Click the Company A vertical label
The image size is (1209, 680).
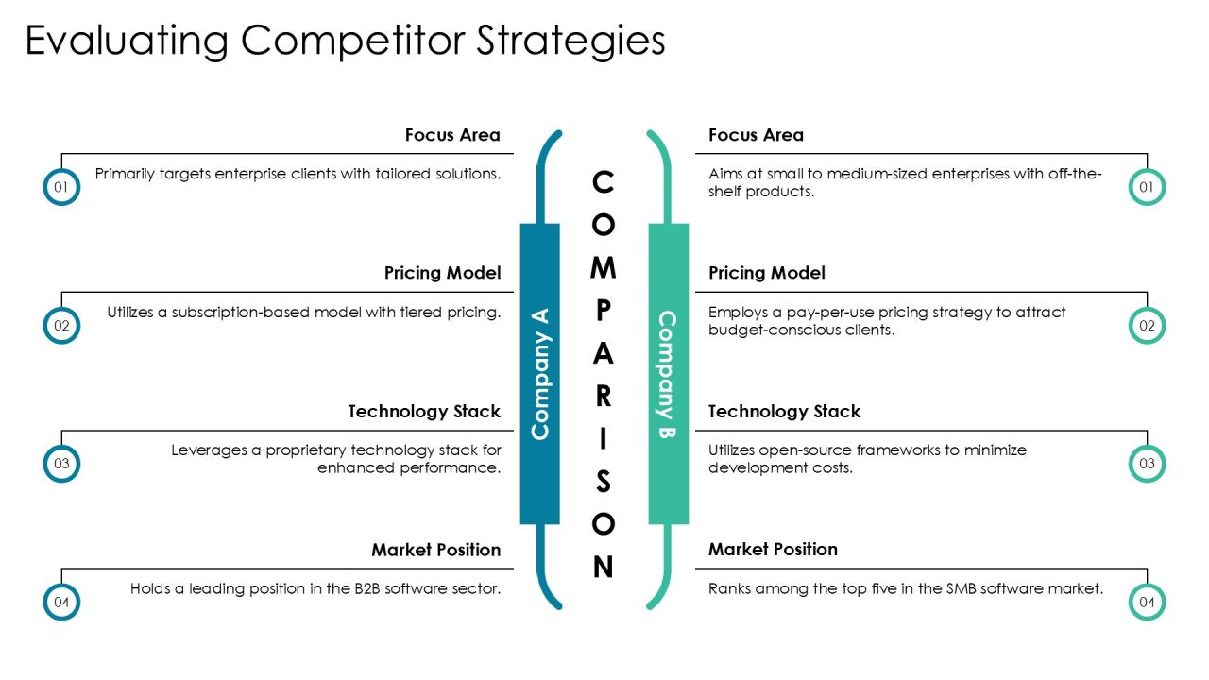pos(540,373)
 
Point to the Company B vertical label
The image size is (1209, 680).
pos(668,373)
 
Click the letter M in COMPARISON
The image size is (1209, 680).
pos(603,267)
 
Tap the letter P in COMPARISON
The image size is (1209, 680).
pos(603,311)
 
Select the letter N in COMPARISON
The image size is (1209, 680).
pos(603,567)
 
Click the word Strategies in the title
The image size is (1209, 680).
pos(570,41)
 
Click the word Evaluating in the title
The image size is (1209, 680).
pos(127,41)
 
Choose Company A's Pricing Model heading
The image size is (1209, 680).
pos(443,273)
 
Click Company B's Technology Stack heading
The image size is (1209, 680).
pos(784,411)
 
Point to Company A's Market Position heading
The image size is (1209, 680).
pos(436,550)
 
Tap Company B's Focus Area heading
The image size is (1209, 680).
pos(756,135)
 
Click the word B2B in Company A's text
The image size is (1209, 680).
pos(367,588)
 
